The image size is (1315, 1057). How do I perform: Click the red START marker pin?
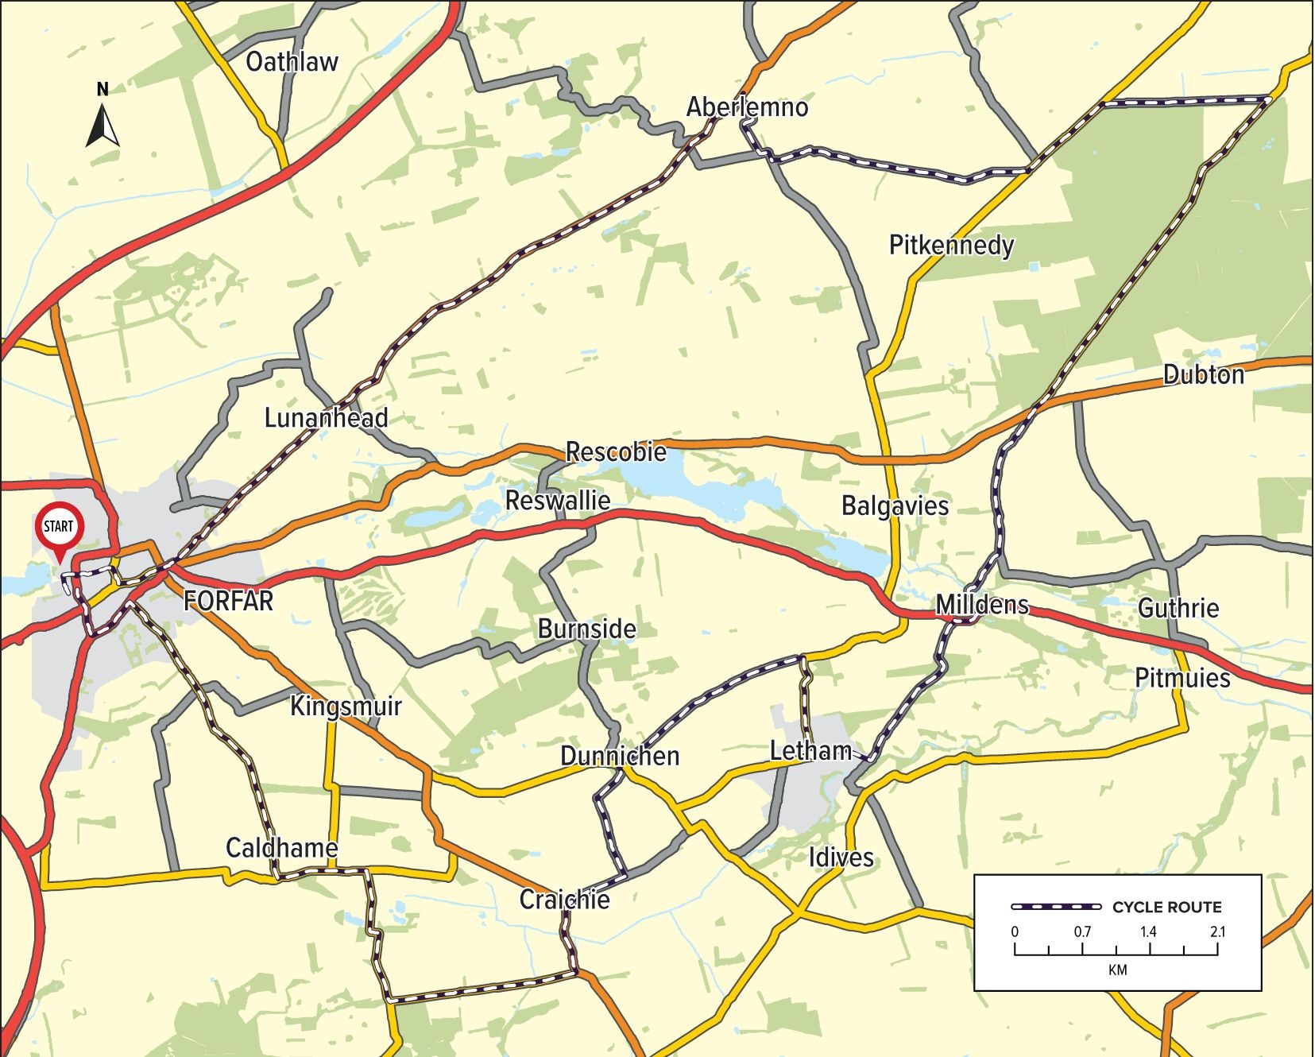click(59, 528)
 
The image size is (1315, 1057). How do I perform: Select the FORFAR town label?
click(229, 601)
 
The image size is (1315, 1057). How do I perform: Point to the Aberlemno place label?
click(747, 106)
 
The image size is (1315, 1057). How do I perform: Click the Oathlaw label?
click(292, 62)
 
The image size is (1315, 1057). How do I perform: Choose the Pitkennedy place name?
click(951, 245)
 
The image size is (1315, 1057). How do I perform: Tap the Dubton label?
click(1204, 374)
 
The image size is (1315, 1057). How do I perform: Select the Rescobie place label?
click(616, 451)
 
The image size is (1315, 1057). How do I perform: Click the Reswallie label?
click(558, 500)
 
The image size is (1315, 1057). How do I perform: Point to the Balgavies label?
click(895, 505)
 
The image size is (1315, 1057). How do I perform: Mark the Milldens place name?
click(982, 605)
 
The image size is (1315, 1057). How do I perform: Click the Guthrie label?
click(1178, 608)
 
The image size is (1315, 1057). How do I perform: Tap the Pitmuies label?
click(1182, 678)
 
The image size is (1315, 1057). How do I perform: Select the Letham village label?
click(810, 750)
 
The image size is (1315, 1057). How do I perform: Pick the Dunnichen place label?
click(620, 755)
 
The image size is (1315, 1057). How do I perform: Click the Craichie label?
click(565, 899)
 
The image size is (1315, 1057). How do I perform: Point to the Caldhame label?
click(282, 847)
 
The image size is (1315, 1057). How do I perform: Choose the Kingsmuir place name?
click(346, 706)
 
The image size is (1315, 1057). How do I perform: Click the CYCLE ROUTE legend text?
click(1166, 907)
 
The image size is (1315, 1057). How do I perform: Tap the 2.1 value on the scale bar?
click(1218, 931)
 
